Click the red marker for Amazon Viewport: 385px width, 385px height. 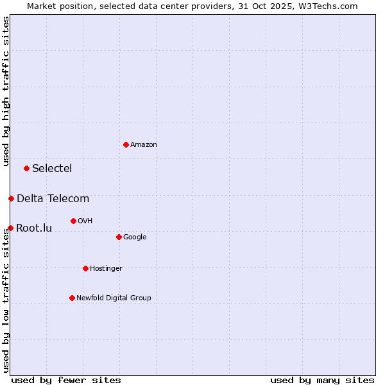click(126, 144)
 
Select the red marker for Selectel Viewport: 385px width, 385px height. click(26, 168)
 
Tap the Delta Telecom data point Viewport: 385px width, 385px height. click(11, 198)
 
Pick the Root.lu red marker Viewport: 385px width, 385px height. click(10, 228)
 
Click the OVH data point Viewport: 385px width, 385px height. click(73, 221)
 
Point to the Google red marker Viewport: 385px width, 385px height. click(119, 237)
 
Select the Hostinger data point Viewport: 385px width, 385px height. click(85, 268)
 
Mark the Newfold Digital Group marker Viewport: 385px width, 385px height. click(72, 298)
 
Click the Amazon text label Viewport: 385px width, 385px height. click(144, 145)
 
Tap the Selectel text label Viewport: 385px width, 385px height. click(52, 169)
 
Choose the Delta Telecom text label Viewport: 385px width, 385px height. click(53, 199)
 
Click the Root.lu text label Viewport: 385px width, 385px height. click(34, 228)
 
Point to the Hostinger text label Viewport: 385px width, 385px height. click(106, 269)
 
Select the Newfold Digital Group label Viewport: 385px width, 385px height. click(114, 298)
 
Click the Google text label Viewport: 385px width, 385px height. click(135, 237)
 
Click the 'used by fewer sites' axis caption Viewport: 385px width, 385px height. click(66, 380)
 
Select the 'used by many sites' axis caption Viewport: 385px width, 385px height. click(322, 380)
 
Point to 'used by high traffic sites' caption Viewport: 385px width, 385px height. click(6, 91)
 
